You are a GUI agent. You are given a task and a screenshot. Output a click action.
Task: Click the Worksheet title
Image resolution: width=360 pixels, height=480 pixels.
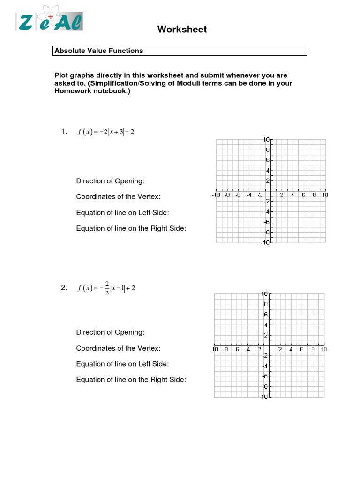pos(182,30)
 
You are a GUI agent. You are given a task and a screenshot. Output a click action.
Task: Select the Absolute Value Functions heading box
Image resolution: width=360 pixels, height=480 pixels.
pos(180,51)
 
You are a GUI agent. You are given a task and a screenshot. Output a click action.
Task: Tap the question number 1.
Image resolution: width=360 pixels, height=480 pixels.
pos(64,132)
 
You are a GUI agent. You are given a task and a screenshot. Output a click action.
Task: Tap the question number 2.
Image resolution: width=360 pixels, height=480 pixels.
pos(64,288)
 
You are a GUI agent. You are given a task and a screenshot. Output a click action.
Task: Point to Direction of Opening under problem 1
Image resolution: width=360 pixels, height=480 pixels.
pos(111,181)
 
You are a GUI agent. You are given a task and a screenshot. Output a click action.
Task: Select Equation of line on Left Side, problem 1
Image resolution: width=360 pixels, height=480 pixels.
pos(122,213)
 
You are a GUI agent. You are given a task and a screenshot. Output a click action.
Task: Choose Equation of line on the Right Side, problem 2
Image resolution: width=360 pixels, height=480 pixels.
pos(131,380)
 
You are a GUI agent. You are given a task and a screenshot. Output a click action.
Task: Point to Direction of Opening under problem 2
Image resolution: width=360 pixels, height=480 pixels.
pos(111,332)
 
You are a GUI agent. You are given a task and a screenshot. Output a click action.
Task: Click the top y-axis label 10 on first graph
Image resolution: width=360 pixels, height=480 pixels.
pos(266,140)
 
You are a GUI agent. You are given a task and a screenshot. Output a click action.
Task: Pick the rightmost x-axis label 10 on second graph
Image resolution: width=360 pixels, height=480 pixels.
pos(323,349)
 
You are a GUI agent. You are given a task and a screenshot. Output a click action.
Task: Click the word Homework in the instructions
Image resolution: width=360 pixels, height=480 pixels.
pos(73,91)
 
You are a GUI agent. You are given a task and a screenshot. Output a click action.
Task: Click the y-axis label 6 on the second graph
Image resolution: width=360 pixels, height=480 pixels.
pos(266,315)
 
